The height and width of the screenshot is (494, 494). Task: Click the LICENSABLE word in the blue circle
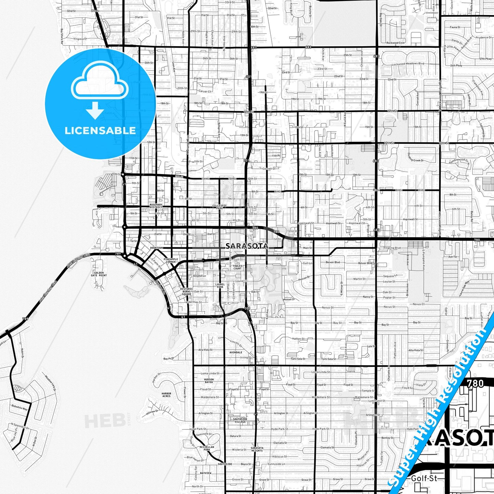tap(100, 130)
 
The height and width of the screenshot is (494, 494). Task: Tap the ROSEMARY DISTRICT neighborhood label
tap(156, 206)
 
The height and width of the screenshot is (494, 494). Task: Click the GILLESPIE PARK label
tap(219, 206)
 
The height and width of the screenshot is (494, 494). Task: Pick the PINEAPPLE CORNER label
tap(171, 261)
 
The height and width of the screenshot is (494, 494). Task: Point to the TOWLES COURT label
tap(238, 267)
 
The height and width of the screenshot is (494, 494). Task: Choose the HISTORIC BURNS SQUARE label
tap(186, 291)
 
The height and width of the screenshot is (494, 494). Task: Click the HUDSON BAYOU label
tap(209, 380)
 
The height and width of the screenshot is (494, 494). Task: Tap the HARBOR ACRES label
tap(166, 395)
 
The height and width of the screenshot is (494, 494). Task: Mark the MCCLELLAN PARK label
tap(207, 448)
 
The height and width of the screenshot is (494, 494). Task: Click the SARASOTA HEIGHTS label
tap(257, 449)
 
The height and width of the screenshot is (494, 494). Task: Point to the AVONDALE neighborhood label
tap(236, 352)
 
